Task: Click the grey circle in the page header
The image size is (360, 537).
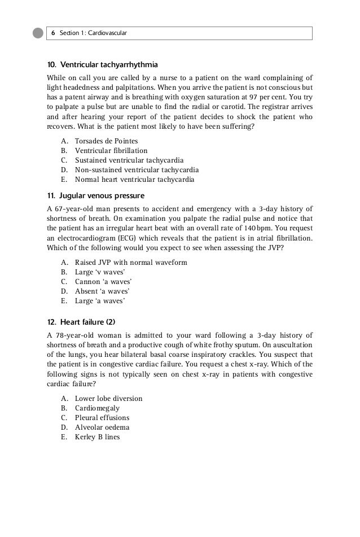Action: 38,33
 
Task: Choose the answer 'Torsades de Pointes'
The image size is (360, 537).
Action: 106,141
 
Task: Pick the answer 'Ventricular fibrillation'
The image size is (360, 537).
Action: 111,151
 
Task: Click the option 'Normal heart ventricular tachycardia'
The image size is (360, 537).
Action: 134,180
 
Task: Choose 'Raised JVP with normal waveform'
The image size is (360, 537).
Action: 131,263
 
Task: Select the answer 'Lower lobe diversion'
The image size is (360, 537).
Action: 108,399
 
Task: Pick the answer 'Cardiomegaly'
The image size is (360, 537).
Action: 97,408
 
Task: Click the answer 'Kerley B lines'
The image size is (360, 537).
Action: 97,436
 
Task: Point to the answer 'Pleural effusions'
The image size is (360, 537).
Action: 102,418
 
